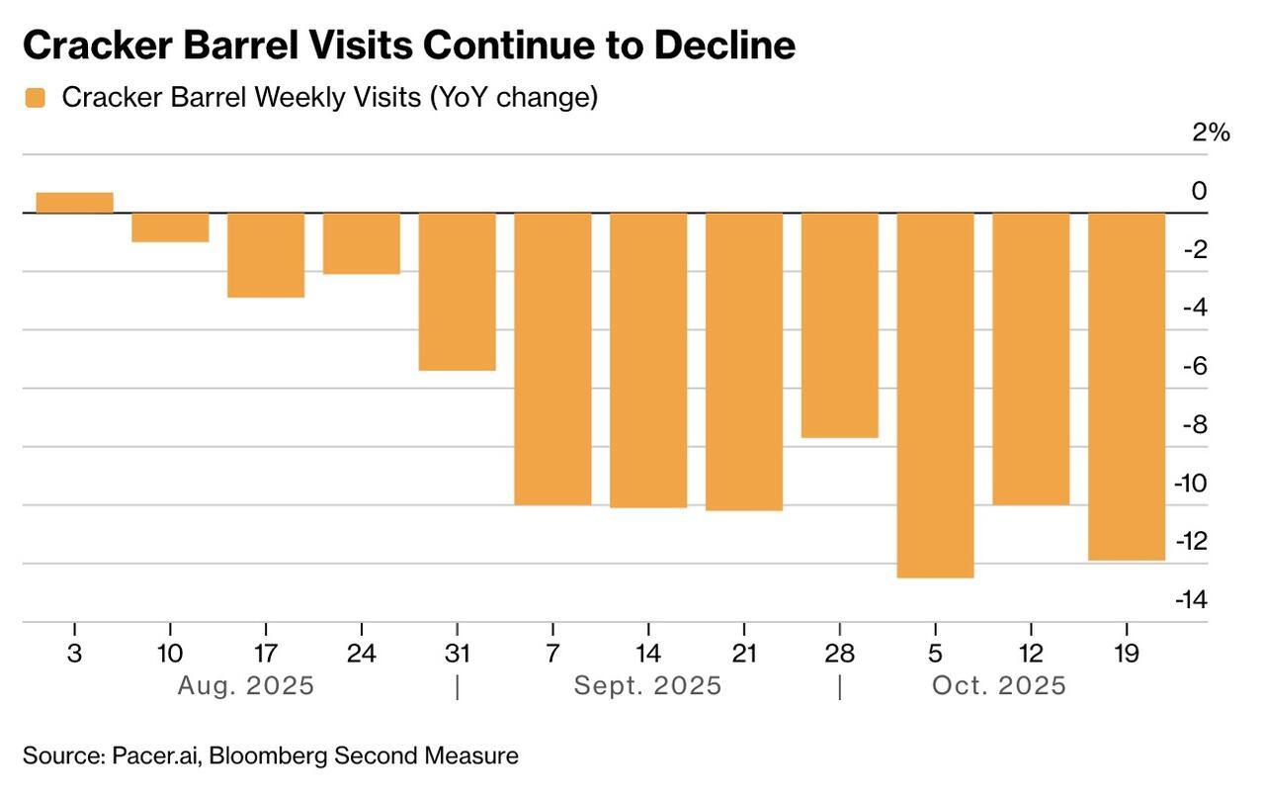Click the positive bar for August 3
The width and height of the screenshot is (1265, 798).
pyautogui.click(x=74, y=203)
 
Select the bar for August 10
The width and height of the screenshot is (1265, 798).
pyautogui.click(x=170, y=227)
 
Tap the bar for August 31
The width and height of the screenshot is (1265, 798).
pyautogui.click(x=457, y=292)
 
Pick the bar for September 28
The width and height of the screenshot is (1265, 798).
pyautogui.click(x=839, y=325)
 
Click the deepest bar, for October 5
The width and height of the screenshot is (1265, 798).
pyautogui.click(x=935, y=396)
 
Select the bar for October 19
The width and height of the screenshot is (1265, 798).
pyautogui.click(x=1127, y=387)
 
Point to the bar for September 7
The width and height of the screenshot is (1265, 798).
pyautogui.click(x=552, y=359)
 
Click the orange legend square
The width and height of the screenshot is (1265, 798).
pyautogui.click(x=36, y=98)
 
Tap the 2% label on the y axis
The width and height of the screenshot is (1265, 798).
pyautogui.click(x=1211, y=133)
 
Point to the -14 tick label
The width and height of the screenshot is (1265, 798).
pyautogui.click(x=1191, y=599)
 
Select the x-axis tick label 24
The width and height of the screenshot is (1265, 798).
pyautogui.click(x=362, y=654)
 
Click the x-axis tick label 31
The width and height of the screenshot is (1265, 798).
pyautogui.click(x=457, y=654)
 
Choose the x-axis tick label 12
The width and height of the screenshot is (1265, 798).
pyautogui.click(x=1030, y=654)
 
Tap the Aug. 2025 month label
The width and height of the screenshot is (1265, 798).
pyautogui.click(x=245, y=685)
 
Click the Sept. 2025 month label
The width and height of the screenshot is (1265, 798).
pyautogui.click(x=647, y=685)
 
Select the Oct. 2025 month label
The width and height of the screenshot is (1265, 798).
pyautogui.click(x=999, y=685)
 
